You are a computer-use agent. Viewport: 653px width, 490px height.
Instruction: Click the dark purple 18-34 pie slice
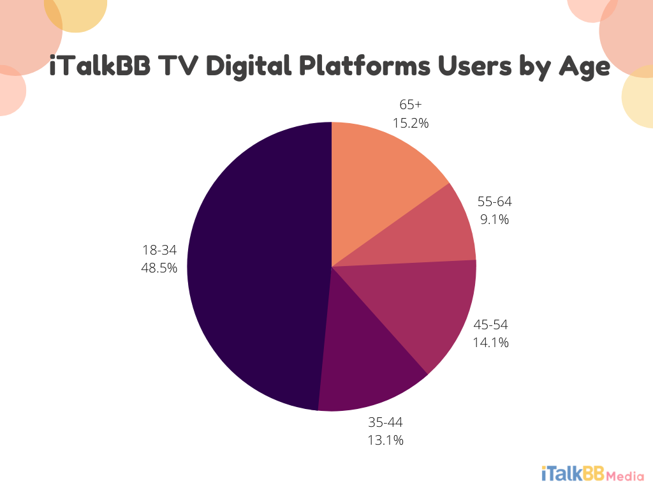255,268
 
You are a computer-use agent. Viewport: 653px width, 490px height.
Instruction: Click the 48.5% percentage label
159,268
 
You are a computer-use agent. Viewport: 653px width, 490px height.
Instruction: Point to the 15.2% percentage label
411,122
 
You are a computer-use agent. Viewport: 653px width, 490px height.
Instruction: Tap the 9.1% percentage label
494,219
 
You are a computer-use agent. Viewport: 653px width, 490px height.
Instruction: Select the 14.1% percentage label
490,343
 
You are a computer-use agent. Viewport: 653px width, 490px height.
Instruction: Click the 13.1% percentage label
385,440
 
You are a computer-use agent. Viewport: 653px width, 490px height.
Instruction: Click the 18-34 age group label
159,251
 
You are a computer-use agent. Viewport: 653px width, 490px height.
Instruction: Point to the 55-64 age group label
494,202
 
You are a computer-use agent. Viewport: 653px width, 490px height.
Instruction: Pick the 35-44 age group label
385,422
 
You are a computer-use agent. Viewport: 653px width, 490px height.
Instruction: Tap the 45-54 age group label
490,325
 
